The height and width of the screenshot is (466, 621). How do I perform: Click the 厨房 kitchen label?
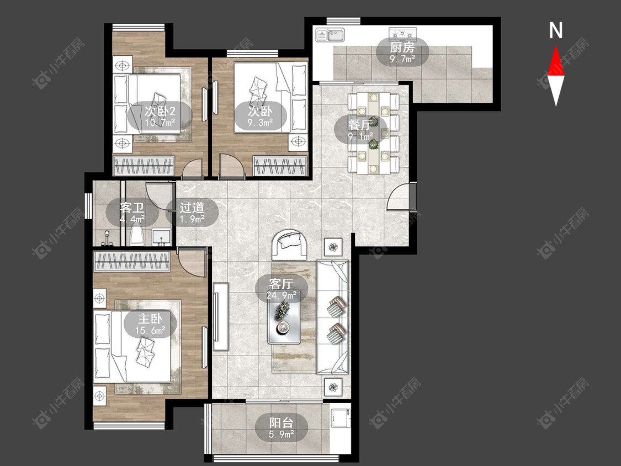402,47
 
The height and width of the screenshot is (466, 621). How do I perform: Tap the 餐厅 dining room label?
360,124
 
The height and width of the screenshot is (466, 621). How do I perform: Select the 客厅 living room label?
281,284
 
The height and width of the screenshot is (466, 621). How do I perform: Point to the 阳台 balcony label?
281,423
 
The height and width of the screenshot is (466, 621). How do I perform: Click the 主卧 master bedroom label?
150,319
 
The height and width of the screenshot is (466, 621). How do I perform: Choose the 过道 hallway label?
192,207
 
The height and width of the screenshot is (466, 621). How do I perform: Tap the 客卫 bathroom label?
132,207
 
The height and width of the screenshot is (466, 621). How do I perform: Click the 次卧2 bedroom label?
160,111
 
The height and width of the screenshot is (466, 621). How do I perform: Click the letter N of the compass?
556,30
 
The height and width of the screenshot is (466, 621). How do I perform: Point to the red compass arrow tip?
556,46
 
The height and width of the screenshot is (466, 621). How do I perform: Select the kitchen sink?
330,34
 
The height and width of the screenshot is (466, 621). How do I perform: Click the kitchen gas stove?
402,34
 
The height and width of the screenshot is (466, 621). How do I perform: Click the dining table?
374,133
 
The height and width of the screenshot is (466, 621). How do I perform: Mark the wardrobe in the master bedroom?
132,262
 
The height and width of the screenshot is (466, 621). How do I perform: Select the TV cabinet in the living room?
221,316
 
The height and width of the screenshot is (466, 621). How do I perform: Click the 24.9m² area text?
282,295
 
